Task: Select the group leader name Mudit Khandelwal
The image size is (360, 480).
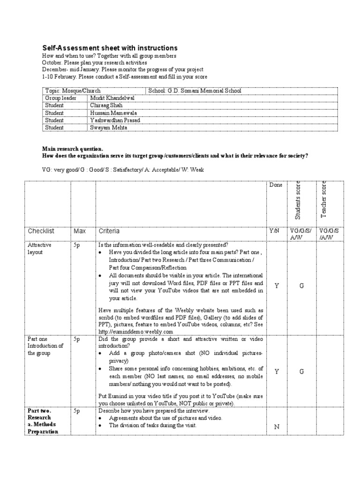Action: pos(112,98)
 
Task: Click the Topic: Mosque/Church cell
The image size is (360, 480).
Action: pos(73,90)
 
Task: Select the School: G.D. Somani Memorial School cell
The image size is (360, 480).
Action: pos(195,90)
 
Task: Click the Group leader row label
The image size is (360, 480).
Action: pos(60,98)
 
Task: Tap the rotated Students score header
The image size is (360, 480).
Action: pos(298,200)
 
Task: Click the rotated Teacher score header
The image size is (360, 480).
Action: pos(323,199)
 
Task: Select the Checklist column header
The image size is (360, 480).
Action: pos(41,231)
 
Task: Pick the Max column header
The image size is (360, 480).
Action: pos(79,231)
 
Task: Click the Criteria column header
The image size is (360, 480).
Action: pos(109,231)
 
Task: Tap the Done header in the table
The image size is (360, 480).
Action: pos(276,185)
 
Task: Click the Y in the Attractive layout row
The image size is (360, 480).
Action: pos(277,285)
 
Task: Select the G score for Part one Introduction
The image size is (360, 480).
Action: pos(301,371)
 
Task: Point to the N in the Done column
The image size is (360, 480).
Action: pos(277,427)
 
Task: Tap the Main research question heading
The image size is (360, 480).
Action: pos(72,149)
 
